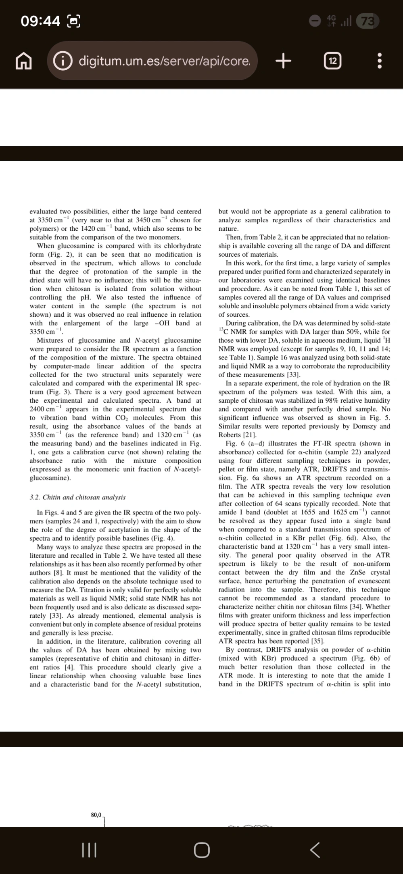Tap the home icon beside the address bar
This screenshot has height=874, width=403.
tap(23, 61)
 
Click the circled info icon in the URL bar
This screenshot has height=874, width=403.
tap(62, 61)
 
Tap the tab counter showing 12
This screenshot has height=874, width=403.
tap(332, 61)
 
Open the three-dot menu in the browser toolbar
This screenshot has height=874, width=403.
tap(379, 61)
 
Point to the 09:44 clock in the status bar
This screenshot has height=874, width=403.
tap(40, 21)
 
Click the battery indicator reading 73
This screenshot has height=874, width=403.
tap(368, 21)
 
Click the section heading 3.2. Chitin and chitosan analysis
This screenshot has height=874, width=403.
tap(77, 498)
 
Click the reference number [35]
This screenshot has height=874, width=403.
tap(317, 641)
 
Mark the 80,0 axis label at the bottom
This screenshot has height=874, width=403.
tap(97, 815)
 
